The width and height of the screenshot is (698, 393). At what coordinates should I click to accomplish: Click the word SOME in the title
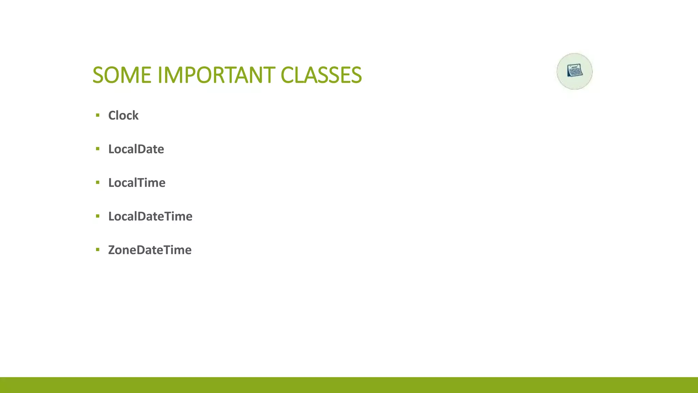[x=122, y=75]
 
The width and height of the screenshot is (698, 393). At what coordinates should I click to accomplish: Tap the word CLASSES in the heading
[x=321, y=75]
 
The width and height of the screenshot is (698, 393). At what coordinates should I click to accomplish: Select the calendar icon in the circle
[x=575, y=71]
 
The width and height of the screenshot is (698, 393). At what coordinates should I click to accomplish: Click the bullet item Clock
[x=123, y=115]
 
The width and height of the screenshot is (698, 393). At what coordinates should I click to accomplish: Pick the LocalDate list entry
[x=136, y=149]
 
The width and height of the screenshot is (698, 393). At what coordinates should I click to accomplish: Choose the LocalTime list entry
[x=137, y=183]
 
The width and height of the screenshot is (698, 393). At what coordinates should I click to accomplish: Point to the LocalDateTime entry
[x=150, y=216]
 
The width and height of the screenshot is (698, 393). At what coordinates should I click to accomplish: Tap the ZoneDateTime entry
[x=150, y=250]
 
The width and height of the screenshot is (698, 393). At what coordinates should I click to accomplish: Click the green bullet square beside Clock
[x=98, y=115]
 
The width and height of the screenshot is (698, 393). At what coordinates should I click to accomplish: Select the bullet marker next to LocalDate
[x=98, y=149]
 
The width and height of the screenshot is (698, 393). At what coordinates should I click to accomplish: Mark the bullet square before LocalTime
[x=98, y=183]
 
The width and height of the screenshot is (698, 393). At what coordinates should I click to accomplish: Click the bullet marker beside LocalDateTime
[x=98, y=216]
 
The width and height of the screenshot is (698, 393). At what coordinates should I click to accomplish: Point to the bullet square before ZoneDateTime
[x=98, y=250]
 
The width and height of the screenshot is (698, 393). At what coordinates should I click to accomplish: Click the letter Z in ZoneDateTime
[x=112, y=250]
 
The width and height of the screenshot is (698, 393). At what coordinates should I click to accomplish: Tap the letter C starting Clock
[x=112, y=116]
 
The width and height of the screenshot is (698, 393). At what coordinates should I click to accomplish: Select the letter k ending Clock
[x=136, y=115]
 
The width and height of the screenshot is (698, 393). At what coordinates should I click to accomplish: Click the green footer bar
[x=349, y=385]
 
